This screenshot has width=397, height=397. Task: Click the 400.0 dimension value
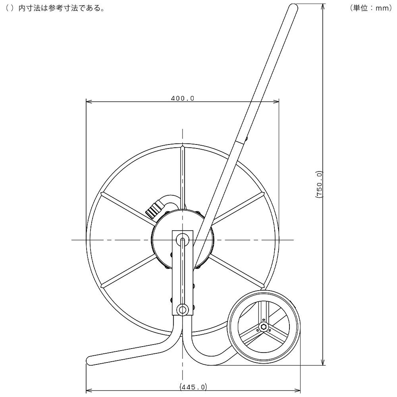pos(183,98)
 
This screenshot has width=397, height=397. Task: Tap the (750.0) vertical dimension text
pos(319,184)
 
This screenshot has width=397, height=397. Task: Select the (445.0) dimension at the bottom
pos(193,387)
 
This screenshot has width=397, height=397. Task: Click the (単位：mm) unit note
pos(371,8)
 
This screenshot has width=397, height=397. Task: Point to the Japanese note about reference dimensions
pos(55,8)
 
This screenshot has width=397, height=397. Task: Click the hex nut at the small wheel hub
pos(263,327)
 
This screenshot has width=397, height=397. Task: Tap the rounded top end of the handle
pos(294,7)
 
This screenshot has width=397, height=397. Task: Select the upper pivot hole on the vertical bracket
pos(183,239)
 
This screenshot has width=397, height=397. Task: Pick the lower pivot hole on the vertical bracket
pos(183,309)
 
